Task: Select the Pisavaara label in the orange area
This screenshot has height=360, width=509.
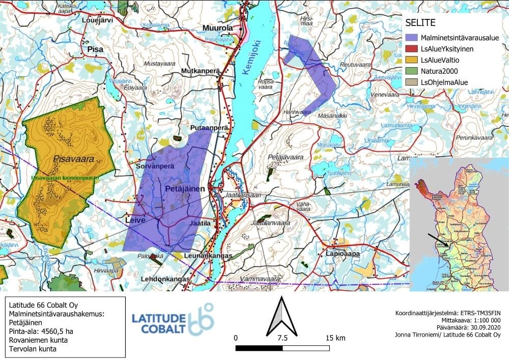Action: [74, 159]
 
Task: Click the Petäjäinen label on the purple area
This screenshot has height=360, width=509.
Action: [185, 189]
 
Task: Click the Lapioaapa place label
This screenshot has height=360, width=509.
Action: [343, 253]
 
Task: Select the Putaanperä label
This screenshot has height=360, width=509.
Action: [208, 128]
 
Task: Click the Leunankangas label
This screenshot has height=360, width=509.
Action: [208, 255]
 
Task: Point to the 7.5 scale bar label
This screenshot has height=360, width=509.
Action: [282, 338]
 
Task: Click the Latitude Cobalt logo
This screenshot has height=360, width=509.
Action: [173, 319]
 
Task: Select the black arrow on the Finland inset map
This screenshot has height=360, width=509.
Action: [437, 240]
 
